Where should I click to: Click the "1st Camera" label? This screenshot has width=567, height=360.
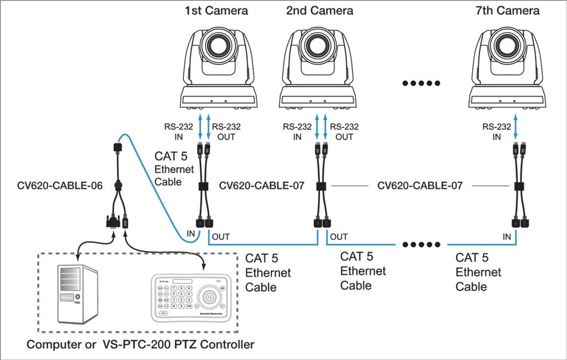tap(216, 10)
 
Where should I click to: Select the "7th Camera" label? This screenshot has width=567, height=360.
tap(508, 10)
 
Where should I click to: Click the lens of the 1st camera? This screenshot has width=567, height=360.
tap(219, 47)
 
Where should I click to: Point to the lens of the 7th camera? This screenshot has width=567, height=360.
tap(507, 47)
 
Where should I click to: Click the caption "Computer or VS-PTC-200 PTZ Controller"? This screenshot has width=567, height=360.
tap(140, 344)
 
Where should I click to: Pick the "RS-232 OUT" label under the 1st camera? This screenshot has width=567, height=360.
tap(226, 132)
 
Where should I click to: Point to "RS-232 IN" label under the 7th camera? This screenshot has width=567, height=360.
tap(497, 132)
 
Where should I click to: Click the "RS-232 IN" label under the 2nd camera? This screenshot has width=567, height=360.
tap(297, 132)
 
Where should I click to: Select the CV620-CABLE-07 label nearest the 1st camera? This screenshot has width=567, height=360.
tap(262, 186)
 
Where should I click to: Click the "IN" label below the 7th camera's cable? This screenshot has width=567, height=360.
tap(507, 237)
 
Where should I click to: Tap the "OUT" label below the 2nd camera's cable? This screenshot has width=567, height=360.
tap(339, 237)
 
